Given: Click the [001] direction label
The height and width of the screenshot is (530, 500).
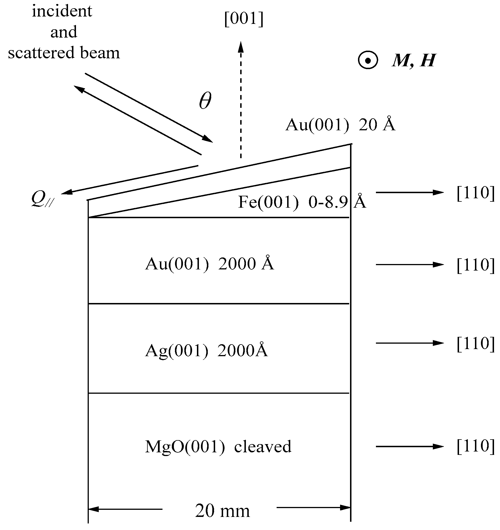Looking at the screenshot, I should [x=244, y=19].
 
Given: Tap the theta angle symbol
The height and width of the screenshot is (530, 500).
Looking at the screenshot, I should [x=205, y=101].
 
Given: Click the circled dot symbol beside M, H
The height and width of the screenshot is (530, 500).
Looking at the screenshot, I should [x=368, y=60].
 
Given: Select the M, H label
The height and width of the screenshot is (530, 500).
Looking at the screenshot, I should [x=413, y=61].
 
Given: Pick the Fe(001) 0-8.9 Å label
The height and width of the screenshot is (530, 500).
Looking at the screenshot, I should [x=302, y=202].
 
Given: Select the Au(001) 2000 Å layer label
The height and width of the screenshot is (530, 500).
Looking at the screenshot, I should [x=209, y=264].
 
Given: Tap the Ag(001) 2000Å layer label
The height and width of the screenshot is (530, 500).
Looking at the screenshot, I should [x=207, y=350].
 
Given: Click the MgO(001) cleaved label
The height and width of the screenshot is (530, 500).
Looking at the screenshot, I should [x=218, y=446].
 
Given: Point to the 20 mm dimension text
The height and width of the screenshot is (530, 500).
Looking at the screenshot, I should [x=222, y=511].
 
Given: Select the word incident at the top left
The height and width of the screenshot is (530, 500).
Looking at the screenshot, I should [x=62, y=11].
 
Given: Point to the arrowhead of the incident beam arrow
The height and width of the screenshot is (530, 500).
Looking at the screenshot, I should [x=209, y=139].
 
